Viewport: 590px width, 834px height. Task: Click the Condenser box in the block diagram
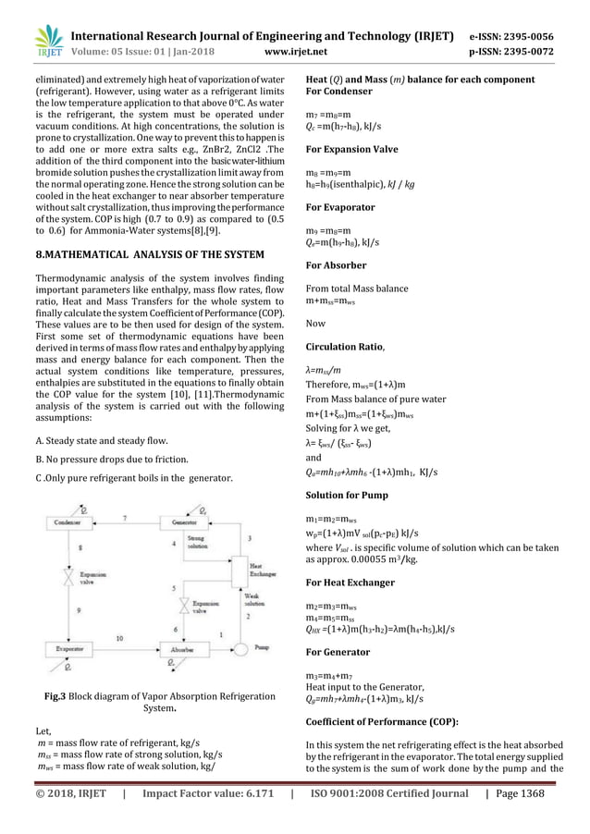(x=68, y=521)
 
